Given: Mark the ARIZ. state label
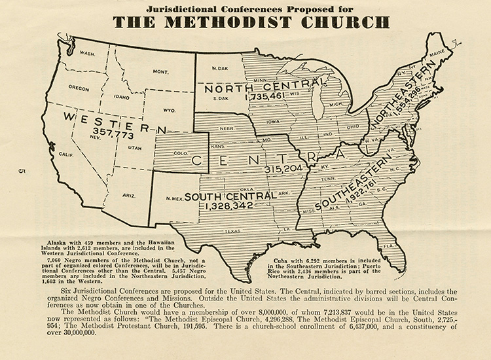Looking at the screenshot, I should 129,195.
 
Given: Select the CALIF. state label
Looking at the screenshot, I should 65,154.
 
